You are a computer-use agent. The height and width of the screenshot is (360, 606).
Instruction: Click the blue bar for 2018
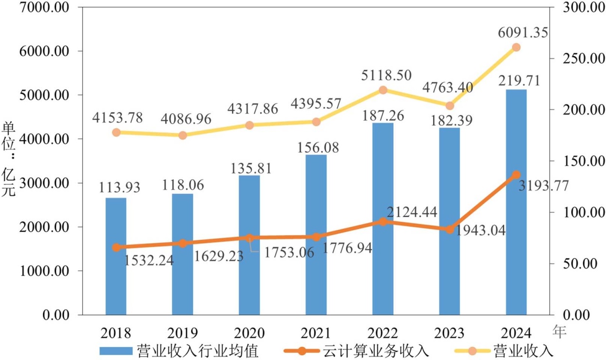[116, 256]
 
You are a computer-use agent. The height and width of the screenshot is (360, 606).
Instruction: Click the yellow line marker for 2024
[516, 47]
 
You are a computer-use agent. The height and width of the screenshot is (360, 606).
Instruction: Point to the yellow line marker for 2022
[383, 90]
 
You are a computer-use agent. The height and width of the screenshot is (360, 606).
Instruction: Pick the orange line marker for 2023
[450, 229]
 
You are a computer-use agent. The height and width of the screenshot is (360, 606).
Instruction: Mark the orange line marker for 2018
[116, 247]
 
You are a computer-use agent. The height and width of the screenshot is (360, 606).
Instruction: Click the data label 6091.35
[523, 33]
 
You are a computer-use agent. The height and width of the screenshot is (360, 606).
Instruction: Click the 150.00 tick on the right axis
[575, 161]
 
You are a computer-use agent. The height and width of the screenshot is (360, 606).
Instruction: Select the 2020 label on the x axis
[249, 333]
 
